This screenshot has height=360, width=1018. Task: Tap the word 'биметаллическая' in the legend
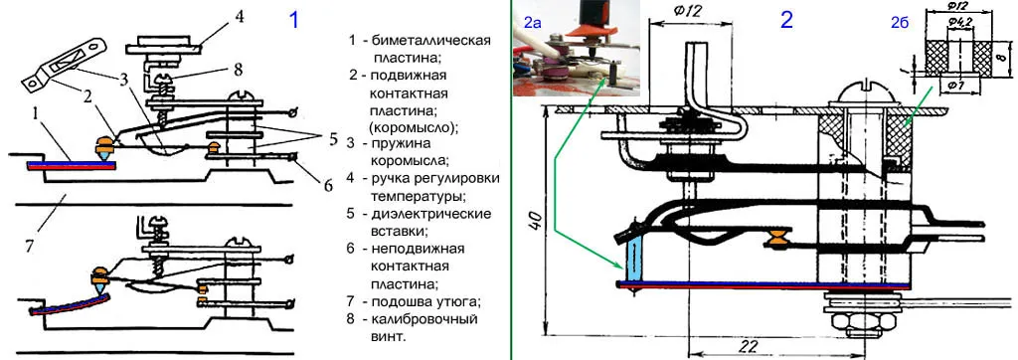[432, 41]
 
